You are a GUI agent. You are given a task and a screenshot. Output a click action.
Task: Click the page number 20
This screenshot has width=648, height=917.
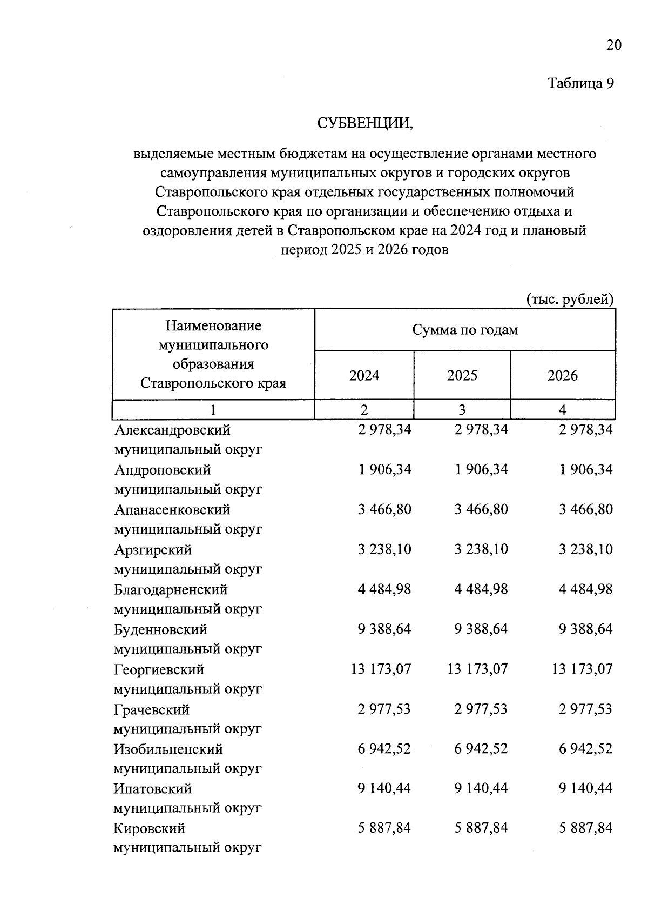(x=613, y=45)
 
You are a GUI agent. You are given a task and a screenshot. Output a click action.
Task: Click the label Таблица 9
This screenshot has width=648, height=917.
(x=581, y=84)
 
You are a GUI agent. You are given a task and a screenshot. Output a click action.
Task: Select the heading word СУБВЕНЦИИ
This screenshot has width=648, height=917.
(x=364, y=123)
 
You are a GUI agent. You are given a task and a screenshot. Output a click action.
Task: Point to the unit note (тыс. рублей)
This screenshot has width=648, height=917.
(x=570, y=299)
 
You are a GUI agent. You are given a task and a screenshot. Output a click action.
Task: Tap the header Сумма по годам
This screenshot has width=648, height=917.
(x=465, y=330)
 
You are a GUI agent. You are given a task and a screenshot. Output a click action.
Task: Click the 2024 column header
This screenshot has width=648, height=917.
(x=364, y=375)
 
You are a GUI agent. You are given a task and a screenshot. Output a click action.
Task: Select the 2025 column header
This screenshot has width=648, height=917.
(x=462, y=375)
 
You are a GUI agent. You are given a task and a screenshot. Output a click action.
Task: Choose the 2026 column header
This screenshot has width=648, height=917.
(x=563, y=375)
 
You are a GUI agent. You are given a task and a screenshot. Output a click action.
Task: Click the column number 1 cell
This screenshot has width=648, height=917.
(x=213, y=410)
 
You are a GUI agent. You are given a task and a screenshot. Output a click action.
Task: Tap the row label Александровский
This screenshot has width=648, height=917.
(x=172, y=430)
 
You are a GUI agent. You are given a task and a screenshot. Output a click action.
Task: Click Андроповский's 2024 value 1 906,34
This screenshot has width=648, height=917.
(x=384, y=469)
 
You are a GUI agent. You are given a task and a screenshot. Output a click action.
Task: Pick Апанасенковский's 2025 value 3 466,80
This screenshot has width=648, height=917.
(x=481, y=509)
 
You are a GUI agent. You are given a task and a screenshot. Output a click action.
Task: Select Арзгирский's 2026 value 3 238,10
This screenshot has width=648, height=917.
(x=586, y=549)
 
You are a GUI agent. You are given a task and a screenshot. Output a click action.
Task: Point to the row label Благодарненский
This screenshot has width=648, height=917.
(x=171, y=589)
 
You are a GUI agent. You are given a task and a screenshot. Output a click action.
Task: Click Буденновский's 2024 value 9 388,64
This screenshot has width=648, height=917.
(x=384, y=629)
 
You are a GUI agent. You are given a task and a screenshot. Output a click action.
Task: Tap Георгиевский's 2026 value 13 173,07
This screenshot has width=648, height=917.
(x=582, y=669)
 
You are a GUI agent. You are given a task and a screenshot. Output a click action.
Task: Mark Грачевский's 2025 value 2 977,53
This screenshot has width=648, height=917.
(x=481, y=709)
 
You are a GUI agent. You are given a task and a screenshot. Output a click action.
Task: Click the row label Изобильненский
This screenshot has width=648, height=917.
(x=168, y=749)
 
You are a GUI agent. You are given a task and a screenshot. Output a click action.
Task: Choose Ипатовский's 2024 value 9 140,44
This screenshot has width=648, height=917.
(x=384, y=788)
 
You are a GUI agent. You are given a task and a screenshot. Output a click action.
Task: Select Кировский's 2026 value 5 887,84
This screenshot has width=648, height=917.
(x=586, y=828)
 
